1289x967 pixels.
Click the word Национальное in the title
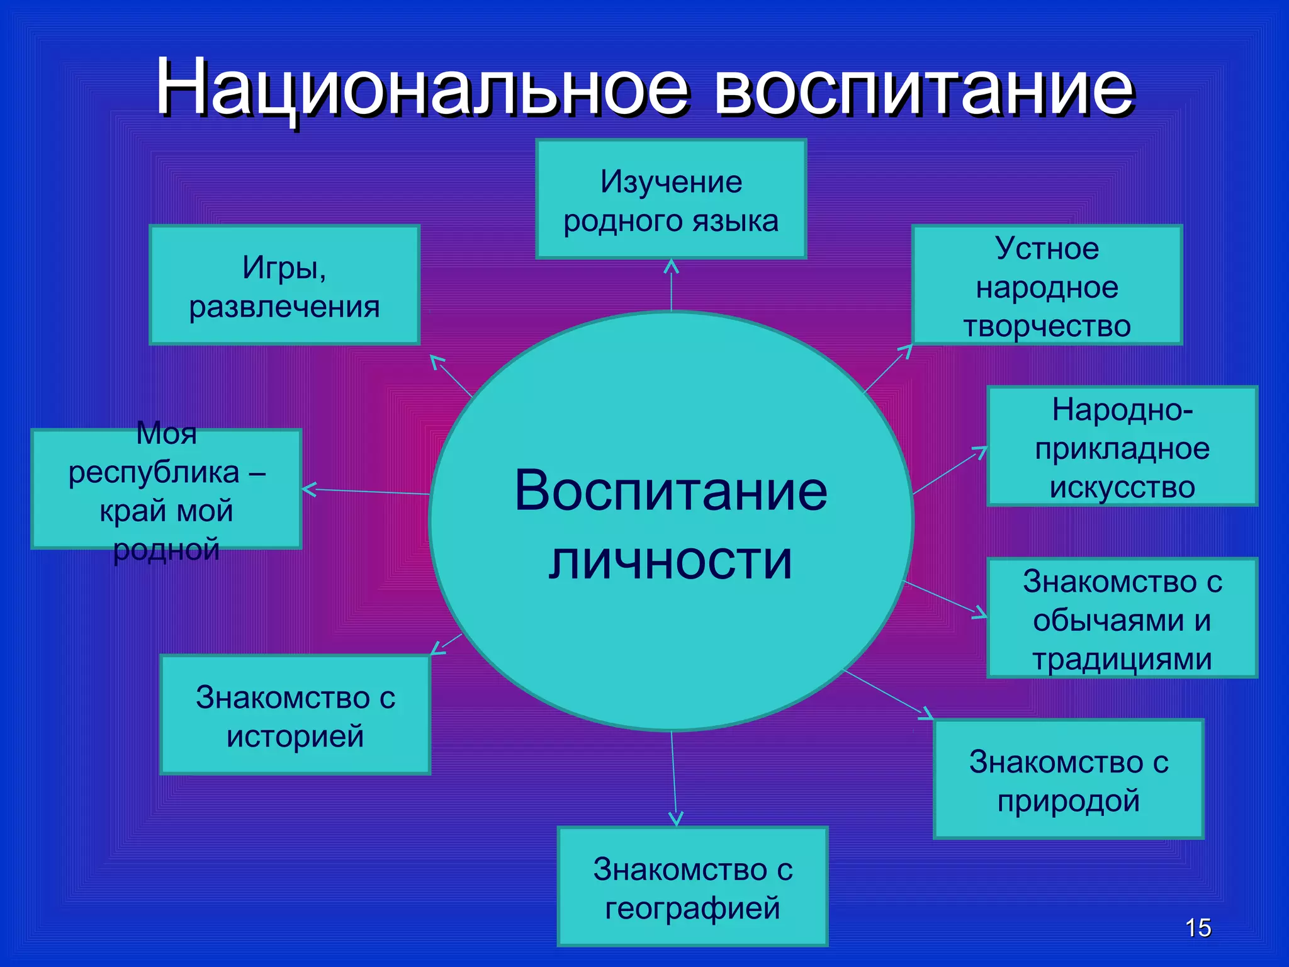[x=422, y=88]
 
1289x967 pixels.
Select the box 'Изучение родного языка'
[x=671, y=199]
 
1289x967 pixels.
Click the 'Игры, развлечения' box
[x=284, y=285]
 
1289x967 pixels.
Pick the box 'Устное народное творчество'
[x=1047, y=285]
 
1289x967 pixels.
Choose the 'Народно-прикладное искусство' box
[x=1122, y=446]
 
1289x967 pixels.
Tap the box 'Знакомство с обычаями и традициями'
[x=1122, y=618]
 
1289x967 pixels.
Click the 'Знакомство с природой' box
[x=1069, y=779]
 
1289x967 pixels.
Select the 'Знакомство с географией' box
[x=692, y=887]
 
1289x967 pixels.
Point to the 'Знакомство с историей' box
[x=295, y=715]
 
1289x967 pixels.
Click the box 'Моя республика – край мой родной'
[x=166, y=489]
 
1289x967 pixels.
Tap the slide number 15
[x=1198, y=928]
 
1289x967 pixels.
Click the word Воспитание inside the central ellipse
[x=671, y=491]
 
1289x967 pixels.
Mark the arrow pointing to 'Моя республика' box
[x=365, y=491]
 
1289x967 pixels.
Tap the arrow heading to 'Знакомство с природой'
[x=887, y=694]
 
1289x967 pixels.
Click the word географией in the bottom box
[x=692, y=908]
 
